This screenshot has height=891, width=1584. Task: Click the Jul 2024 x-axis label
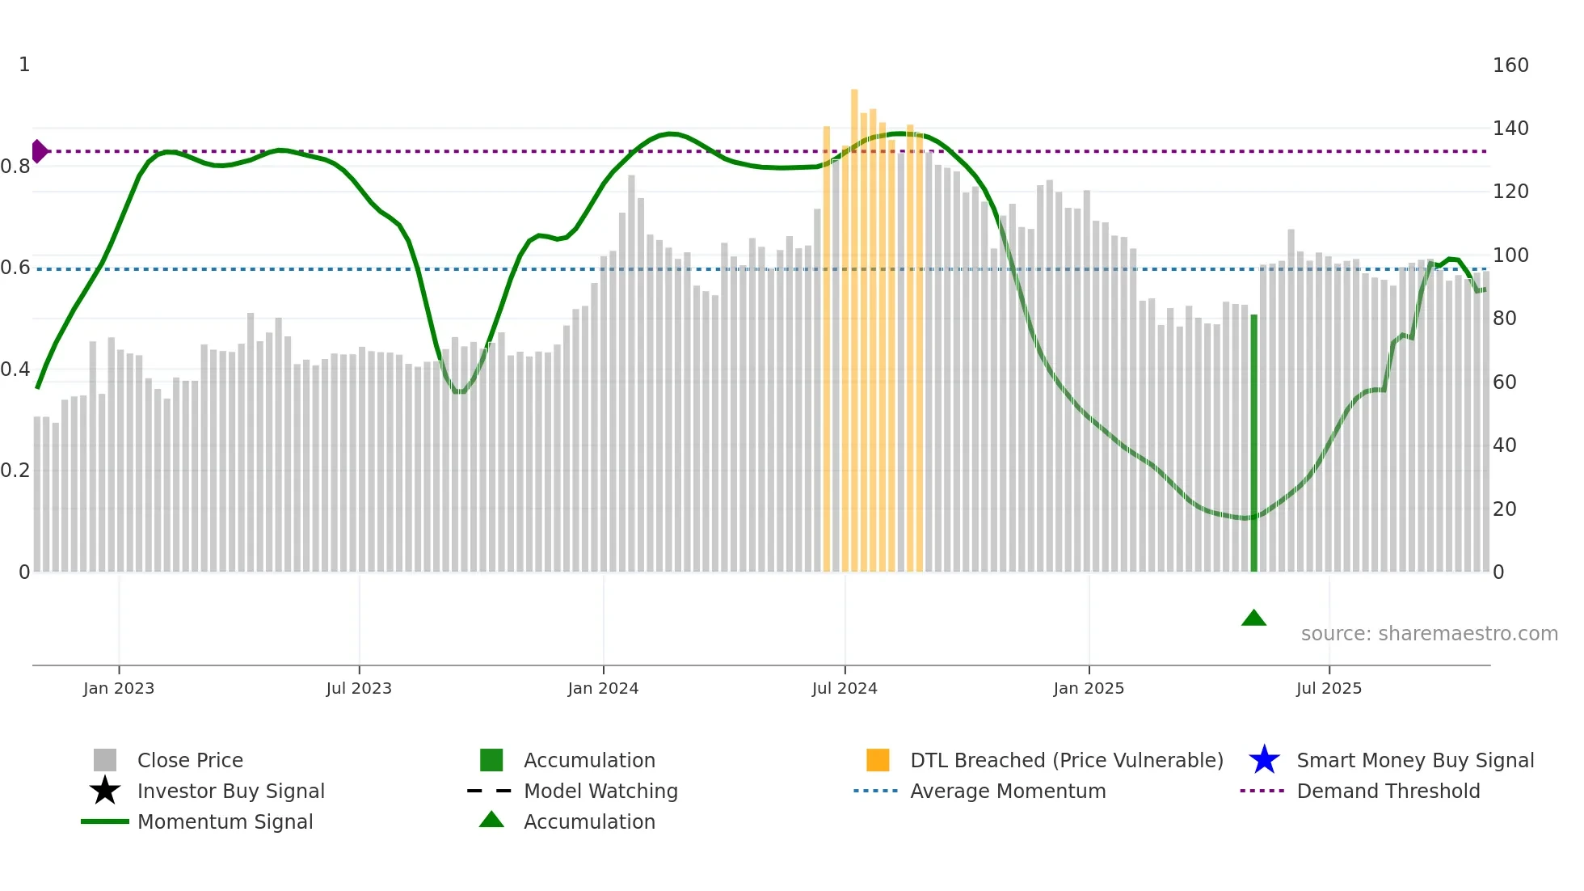click(845, 688)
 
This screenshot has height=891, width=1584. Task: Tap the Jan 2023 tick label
click(119, 688)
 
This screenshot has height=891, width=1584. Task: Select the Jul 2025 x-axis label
click(1329, 688)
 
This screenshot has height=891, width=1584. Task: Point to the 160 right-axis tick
click(1510, 65)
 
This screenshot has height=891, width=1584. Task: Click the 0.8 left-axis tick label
click(15, 167)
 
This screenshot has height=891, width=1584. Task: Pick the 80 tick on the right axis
click(1504, 319)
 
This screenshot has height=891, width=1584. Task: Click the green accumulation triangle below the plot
click(1253, 619)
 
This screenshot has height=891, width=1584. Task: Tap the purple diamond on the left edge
click(39, 151)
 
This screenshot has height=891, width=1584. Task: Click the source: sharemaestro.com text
click(1429, 634)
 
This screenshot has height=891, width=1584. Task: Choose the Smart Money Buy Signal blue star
click(1264, 760)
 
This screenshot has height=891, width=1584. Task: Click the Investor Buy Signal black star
click(105, 791)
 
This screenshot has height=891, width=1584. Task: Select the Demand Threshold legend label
click(1388, 791)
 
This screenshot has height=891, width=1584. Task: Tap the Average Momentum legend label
click(1008, 791)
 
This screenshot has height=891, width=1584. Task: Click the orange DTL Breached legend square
click(878, 760)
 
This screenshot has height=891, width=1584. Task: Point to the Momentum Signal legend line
click(105, 821)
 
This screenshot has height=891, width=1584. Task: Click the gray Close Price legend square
click(105, 760)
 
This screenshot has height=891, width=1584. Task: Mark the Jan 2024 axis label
click(603, 688)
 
